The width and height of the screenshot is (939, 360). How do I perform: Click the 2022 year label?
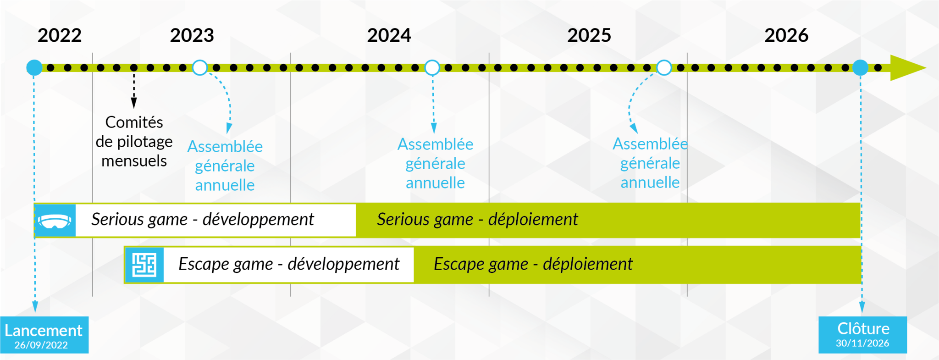coord(60,35)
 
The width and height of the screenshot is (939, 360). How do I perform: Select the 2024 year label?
coord(389,35)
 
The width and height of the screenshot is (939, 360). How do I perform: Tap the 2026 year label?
coord(786,35)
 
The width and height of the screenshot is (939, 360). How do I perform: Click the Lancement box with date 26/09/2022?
coord(44,335)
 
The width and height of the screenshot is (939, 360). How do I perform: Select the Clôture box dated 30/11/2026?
coord(862,335)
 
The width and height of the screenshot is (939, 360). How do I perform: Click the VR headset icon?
coord(55,221)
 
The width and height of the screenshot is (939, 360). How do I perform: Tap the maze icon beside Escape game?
coord(144,265)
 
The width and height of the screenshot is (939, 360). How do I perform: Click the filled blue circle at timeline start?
coord(34,68)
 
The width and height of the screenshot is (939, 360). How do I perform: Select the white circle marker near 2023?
coord(200,68)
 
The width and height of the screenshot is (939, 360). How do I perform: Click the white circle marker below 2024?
coord(432,68)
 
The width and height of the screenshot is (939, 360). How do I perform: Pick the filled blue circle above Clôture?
coord(860,68)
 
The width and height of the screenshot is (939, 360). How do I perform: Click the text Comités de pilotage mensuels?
coord(134,142)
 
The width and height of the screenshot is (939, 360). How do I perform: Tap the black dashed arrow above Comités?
coord(134,89)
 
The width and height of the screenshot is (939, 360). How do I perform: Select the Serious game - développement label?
coord(202,220)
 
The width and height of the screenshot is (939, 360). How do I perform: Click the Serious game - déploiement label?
coord(477,220)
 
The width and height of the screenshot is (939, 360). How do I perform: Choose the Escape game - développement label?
coord(289,264)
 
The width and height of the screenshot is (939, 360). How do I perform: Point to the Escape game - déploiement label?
coord(533,264)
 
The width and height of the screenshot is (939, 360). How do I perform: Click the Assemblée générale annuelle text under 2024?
coord(435,163)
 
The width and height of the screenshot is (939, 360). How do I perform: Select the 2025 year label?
coord(589,35)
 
